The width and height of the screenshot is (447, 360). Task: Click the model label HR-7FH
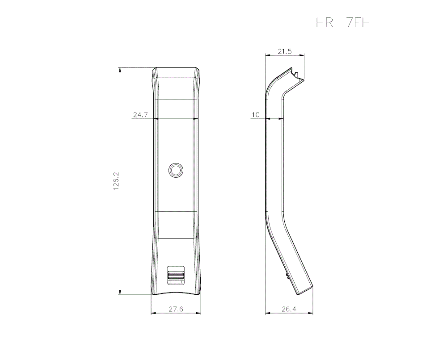coord(343,22)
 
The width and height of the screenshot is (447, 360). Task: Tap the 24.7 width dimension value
coord(140,115)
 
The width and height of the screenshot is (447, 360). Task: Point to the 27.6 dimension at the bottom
coord(175,309)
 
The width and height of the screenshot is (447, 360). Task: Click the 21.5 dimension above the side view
coord(284,51)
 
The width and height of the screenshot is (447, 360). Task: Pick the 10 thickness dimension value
coord(255,115)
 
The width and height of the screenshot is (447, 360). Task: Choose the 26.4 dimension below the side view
coord(289,309)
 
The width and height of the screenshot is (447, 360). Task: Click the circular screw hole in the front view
coord(176,170)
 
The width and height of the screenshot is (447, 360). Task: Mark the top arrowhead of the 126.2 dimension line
coord(120,69)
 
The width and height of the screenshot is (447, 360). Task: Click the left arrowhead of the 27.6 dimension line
coord(153,313)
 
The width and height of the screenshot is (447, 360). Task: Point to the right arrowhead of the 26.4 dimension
coord(311,313)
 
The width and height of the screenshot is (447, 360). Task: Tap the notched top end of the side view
coord(297,76)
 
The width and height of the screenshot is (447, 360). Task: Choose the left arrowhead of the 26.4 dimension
coord(267,313)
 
